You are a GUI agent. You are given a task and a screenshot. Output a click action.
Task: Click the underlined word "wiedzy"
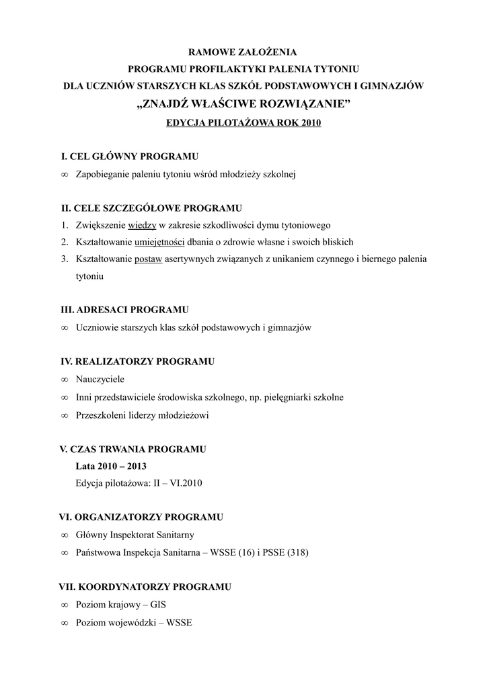click(x=142, y=225)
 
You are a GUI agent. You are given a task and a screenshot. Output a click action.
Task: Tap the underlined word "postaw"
click(x=148, y=259)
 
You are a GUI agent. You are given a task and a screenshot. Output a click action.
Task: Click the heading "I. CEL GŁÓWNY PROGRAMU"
click(x=129, y=157)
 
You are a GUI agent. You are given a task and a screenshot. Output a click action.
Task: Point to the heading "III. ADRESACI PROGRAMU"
click(x=124, y=310)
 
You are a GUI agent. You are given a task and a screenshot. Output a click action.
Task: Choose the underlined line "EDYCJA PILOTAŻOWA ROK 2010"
click(x=243, y=123)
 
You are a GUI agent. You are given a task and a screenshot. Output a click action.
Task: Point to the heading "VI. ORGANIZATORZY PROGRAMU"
click(x=141, y=517)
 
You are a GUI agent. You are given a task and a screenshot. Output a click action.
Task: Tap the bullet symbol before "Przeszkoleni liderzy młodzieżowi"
click(x=65, y=416)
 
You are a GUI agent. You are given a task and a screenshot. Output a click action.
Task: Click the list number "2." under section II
click(x=65, y=242)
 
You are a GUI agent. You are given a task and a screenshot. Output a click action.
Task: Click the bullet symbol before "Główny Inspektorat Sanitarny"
click(x=65, y=535)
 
